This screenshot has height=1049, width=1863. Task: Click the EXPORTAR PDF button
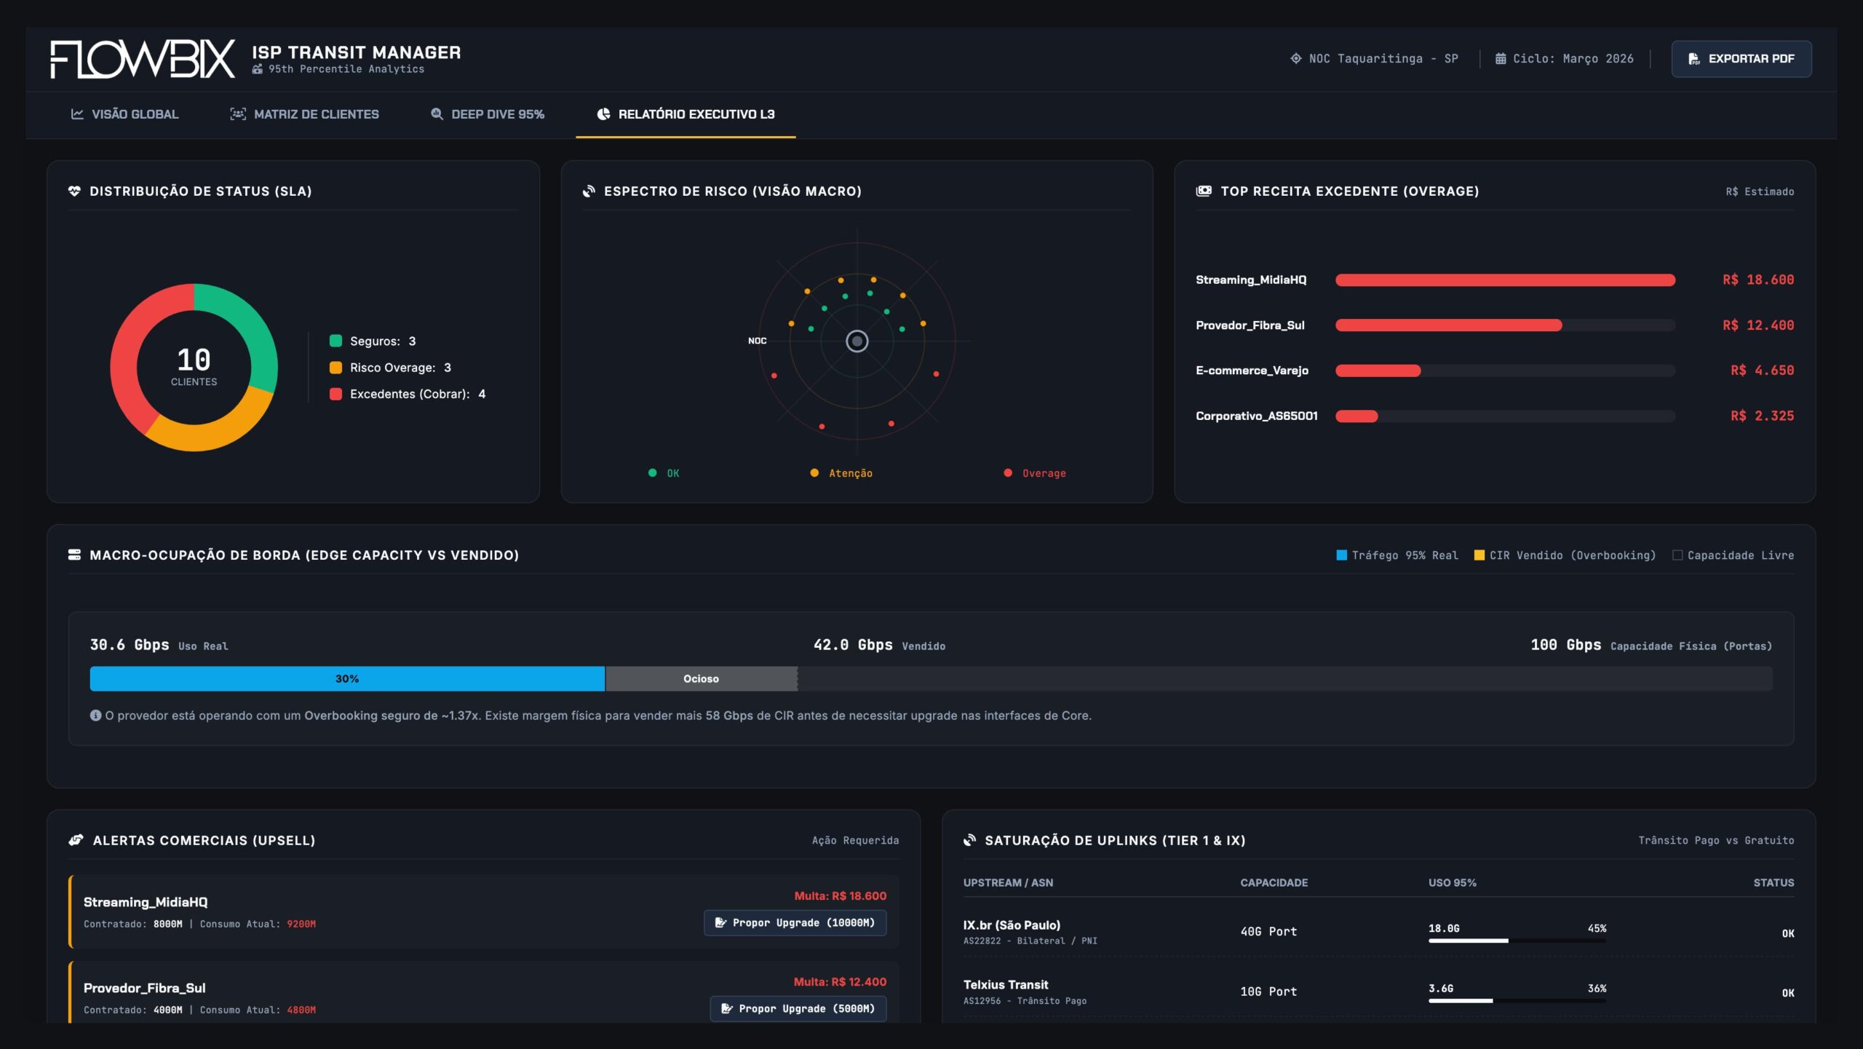point(1741,58)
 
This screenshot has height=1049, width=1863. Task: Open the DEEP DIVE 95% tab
point(488,114)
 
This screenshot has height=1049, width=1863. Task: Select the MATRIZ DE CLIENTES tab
point(305,114)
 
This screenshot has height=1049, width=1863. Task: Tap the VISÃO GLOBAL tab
point(124,114)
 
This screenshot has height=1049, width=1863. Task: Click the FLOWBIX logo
point(143,59)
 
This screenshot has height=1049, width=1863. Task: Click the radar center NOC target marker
point(857,341)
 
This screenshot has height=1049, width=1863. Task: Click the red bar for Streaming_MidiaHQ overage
point(1504,280)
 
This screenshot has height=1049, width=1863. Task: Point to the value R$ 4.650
point(1761,371)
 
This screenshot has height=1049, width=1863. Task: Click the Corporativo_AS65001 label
point(1256,416)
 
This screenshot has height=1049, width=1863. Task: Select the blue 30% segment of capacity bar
point(346,678)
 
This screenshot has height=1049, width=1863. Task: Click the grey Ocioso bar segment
point(700,678)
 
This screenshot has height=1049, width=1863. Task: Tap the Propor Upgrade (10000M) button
point(795,922)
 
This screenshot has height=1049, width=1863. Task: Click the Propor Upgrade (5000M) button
point(798,1008)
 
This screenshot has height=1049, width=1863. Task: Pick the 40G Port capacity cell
point(1268,931)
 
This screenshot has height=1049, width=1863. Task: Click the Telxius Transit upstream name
point(1005,984)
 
